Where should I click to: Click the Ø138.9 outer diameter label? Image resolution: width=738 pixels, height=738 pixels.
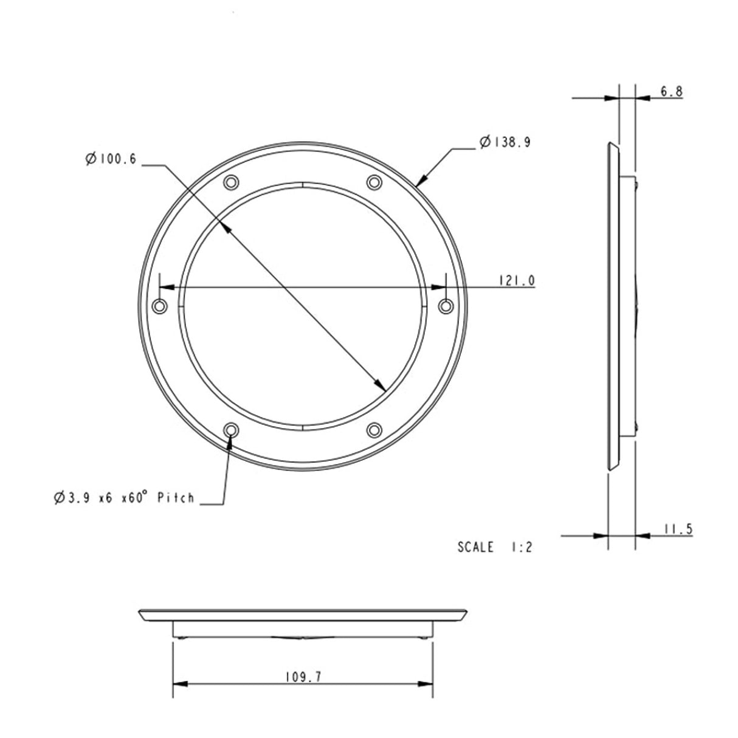click(x=505, y=142)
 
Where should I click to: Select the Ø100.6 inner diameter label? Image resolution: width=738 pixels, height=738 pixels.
click(x=111, y=159)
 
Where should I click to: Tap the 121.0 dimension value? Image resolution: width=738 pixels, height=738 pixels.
click(x=516, y=280)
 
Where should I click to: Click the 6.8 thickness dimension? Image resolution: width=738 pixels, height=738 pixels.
click(x=671, y=92)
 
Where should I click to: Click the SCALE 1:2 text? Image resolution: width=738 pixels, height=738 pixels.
click(x=495, y=547)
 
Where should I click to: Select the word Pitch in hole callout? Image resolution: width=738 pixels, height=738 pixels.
click(x=176, y=498)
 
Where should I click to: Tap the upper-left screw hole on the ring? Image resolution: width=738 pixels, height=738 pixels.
click(x=231, y=182)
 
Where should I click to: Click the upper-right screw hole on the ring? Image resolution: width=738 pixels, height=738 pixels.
click(x=374, y=182)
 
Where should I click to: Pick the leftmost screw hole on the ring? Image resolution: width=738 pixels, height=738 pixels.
click(x=160, y=306)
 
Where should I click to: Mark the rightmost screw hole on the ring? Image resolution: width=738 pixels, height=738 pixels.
click(x=446, y=306)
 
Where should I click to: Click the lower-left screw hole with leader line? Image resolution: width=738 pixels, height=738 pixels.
click(x=231, y=430)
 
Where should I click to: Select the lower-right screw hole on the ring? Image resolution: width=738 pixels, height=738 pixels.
click(x=374, y=430)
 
